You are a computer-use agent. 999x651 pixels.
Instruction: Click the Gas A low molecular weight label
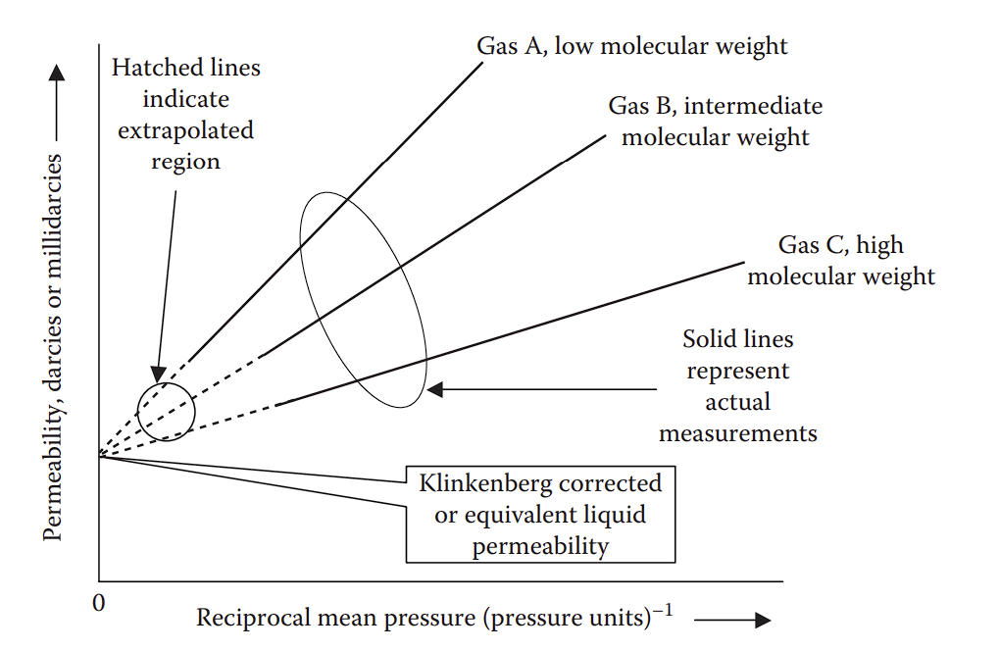[x=632, y=46]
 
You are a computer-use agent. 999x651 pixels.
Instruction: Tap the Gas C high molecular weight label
[x=841, y=260]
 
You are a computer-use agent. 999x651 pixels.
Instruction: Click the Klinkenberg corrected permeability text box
[x=540, y=515]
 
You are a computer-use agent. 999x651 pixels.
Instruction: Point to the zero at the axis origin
[x=98, y=602]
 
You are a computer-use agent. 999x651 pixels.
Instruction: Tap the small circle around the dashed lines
[x=167, y=412]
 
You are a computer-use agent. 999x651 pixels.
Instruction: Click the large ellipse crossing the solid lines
[x=363, y=300]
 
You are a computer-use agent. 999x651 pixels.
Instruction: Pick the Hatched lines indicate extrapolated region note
[x=186, y=114]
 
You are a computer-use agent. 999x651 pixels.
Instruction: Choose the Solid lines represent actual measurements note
[x=738, y=385]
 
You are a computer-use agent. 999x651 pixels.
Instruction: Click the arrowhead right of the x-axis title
[x=761, y=620]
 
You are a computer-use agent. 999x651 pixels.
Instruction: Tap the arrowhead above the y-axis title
[x=57, y=74]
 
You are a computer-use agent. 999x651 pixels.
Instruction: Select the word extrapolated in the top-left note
[x=186, y=130]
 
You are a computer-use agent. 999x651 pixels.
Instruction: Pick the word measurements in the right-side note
[x=738, y=432]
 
